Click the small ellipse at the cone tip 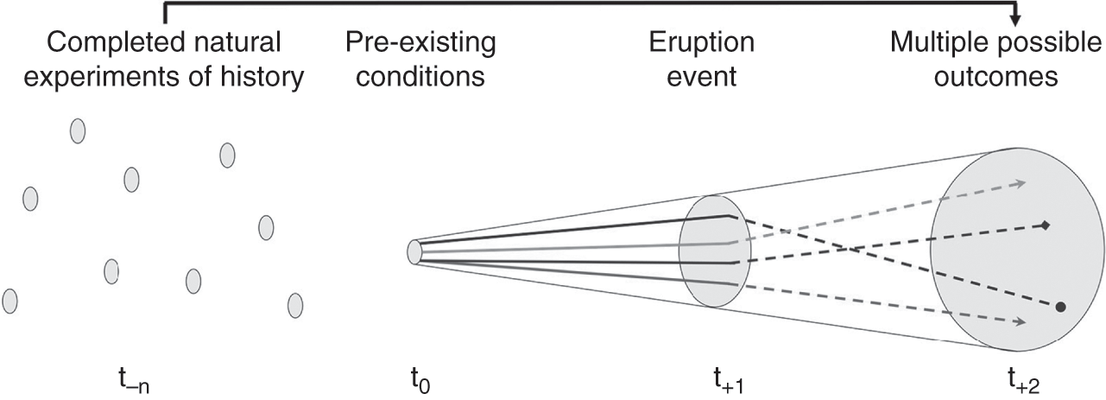[x=414, y=251]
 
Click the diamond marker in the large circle [x=1045, y=225]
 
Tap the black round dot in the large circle [x=1060, y=307]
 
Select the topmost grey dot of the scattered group [x=77, y=130]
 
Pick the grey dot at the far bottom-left [x=10, y=301]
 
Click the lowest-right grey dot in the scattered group [x=294, y=305]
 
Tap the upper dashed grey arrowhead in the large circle [x=1021, y=182]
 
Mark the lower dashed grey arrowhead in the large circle [x=1021, y=322]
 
